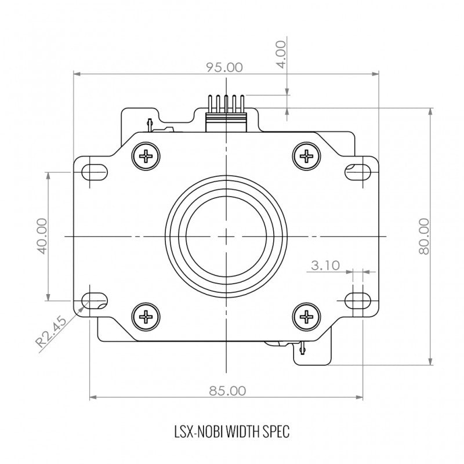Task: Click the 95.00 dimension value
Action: [224, 67]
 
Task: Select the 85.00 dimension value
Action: [227, 391]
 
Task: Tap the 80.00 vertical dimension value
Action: [424, 236]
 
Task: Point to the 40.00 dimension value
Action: [42, 236]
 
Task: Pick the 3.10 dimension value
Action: [325, 266]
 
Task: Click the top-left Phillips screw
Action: [146, 156]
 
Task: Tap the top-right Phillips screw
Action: [307, 156]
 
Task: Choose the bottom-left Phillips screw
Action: [146, 317]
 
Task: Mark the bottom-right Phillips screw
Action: [307, 317]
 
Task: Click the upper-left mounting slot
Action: [95, 172]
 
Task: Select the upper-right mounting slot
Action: [358, 172]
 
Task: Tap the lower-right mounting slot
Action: [358, 300]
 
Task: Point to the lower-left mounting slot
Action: [95, 300]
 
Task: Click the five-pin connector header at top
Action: [226, 113]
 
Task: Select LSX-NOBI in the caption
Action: [198, 432]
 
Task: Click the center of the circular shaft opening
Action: [226, 237]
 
